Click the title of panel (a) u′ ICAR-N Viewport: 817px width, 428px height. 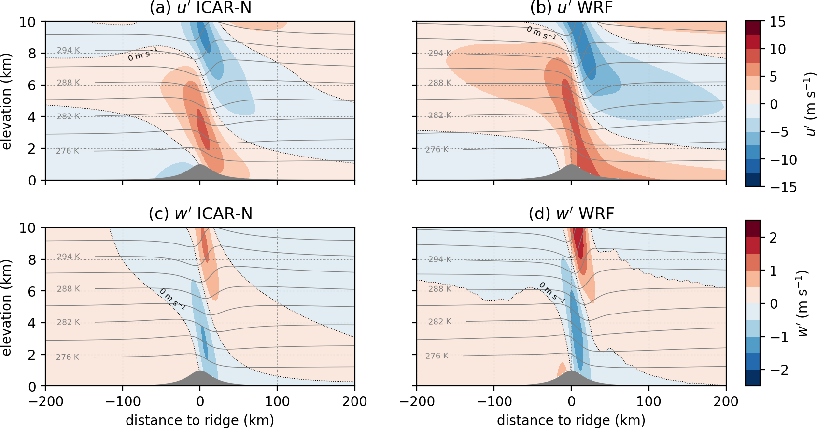tap(200, 8)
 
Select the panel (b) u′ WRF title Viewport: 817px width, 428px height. tap(571, 8)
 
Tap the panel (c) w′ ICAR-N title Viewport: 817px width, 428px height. tap(200, 214)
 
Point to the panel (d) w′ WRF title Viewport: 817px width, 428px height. tap(571, 214)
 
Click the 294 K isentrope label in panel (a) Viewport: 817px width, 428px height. tap(69, 50)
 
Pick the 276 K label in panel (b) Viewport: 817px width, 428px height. tap(437, 150)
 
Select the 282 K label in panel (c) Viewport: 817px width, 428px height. tap(69, 322)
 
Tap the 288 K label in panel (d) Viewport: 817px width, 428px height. tap(440, 289)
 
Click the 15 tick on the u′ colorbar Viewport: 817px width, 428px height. tap(777, 22)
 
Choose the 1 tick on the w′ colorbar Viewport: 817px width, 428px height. tap(774, 271)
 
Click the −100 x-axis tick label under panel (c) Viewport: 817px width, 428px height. tap(123, 401)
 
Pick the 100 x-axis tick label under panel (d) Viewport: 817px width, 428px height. tap(648, 401)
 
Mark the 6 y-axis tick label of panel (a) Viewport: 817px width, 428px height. tap(32, 86)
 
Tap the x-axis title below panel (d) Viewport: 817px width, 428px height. tap(571, 420)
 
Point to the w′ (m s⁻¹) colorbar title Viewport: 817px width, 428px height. tap(803, 303)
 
